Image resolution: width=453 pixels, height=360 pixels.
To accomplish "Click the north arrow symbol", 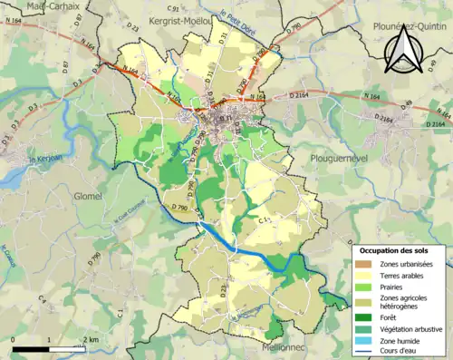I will [402, 50].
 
